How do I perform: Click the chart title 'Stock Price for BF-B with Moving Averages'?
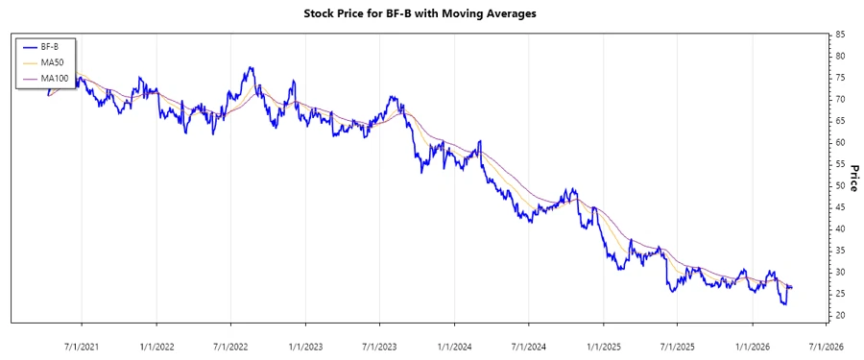click(431, 14)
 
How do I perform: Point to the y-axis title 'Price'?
click(853, 176)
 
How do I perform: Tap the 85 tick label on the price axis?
click(841, 35)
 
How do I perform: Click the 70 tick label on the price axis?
click(841, 99)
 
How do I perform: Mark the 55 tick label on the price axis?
click(841, 164)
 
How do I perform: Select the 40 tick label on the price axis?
click(841, 228)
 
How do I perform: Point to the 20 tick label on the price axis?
click(841, 316)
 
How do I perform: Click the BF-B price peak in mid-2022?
click(251, 67)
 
